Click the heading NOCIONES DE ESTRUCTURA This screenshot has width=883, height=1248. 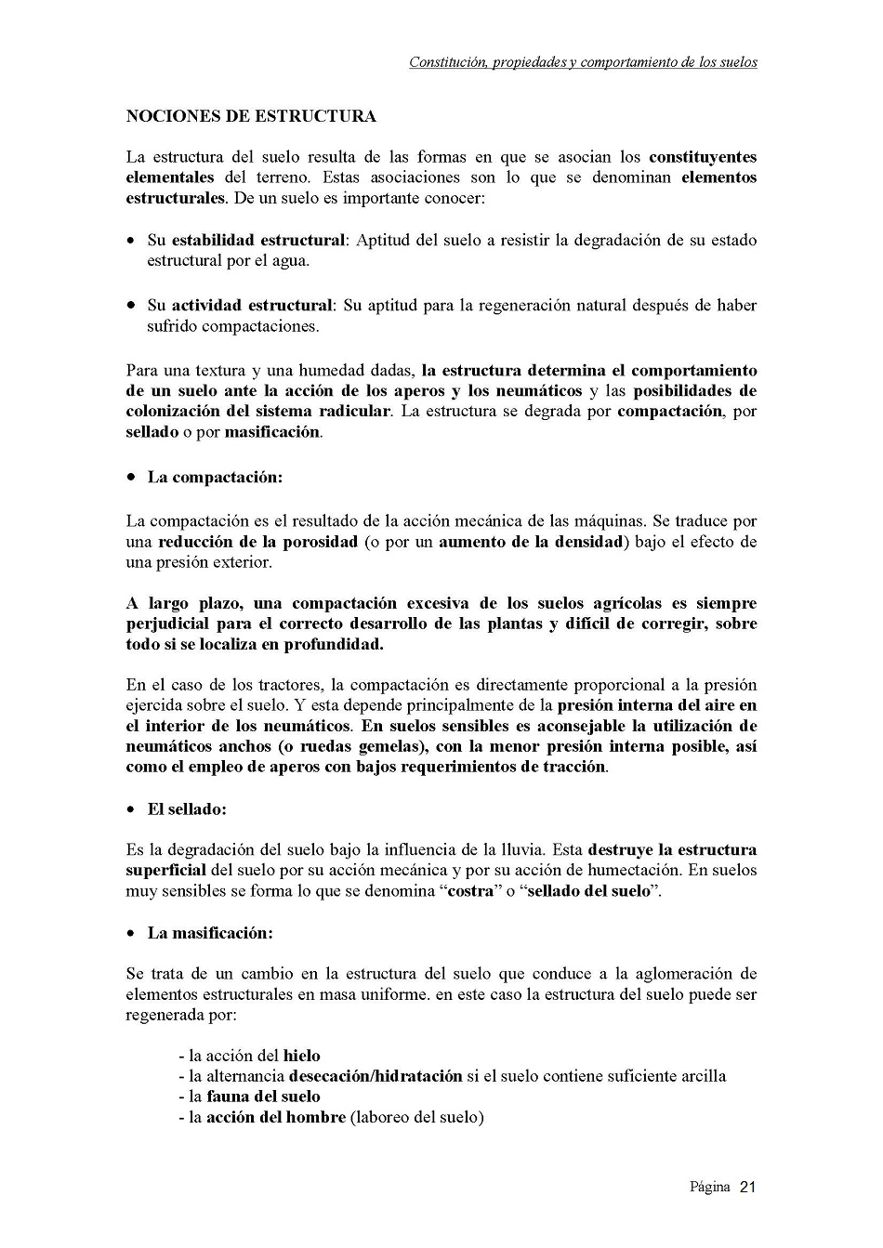pos(251,116)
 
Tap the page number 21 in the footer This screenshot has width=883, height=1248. pos(748,1187)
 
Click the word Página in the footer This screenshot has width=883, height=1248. pos(709,1187)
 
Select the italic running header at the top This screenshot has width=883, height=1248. pos(583,62)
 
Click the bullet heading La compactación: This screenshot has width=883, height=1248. pos(215,477)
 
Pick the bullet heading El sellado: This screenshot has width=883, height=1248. pos(187,808)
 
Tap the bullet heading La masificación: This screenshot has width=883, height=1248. pos(210,932)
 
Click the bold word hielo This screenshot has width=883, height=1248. pos(302,1056)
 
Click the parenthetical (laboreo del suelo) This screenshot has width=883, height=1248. pos(417,1117)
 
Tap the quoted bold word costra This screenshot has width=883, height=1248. pos(469,891)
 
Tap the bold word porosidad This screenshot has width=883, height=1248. pos(311,542)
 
